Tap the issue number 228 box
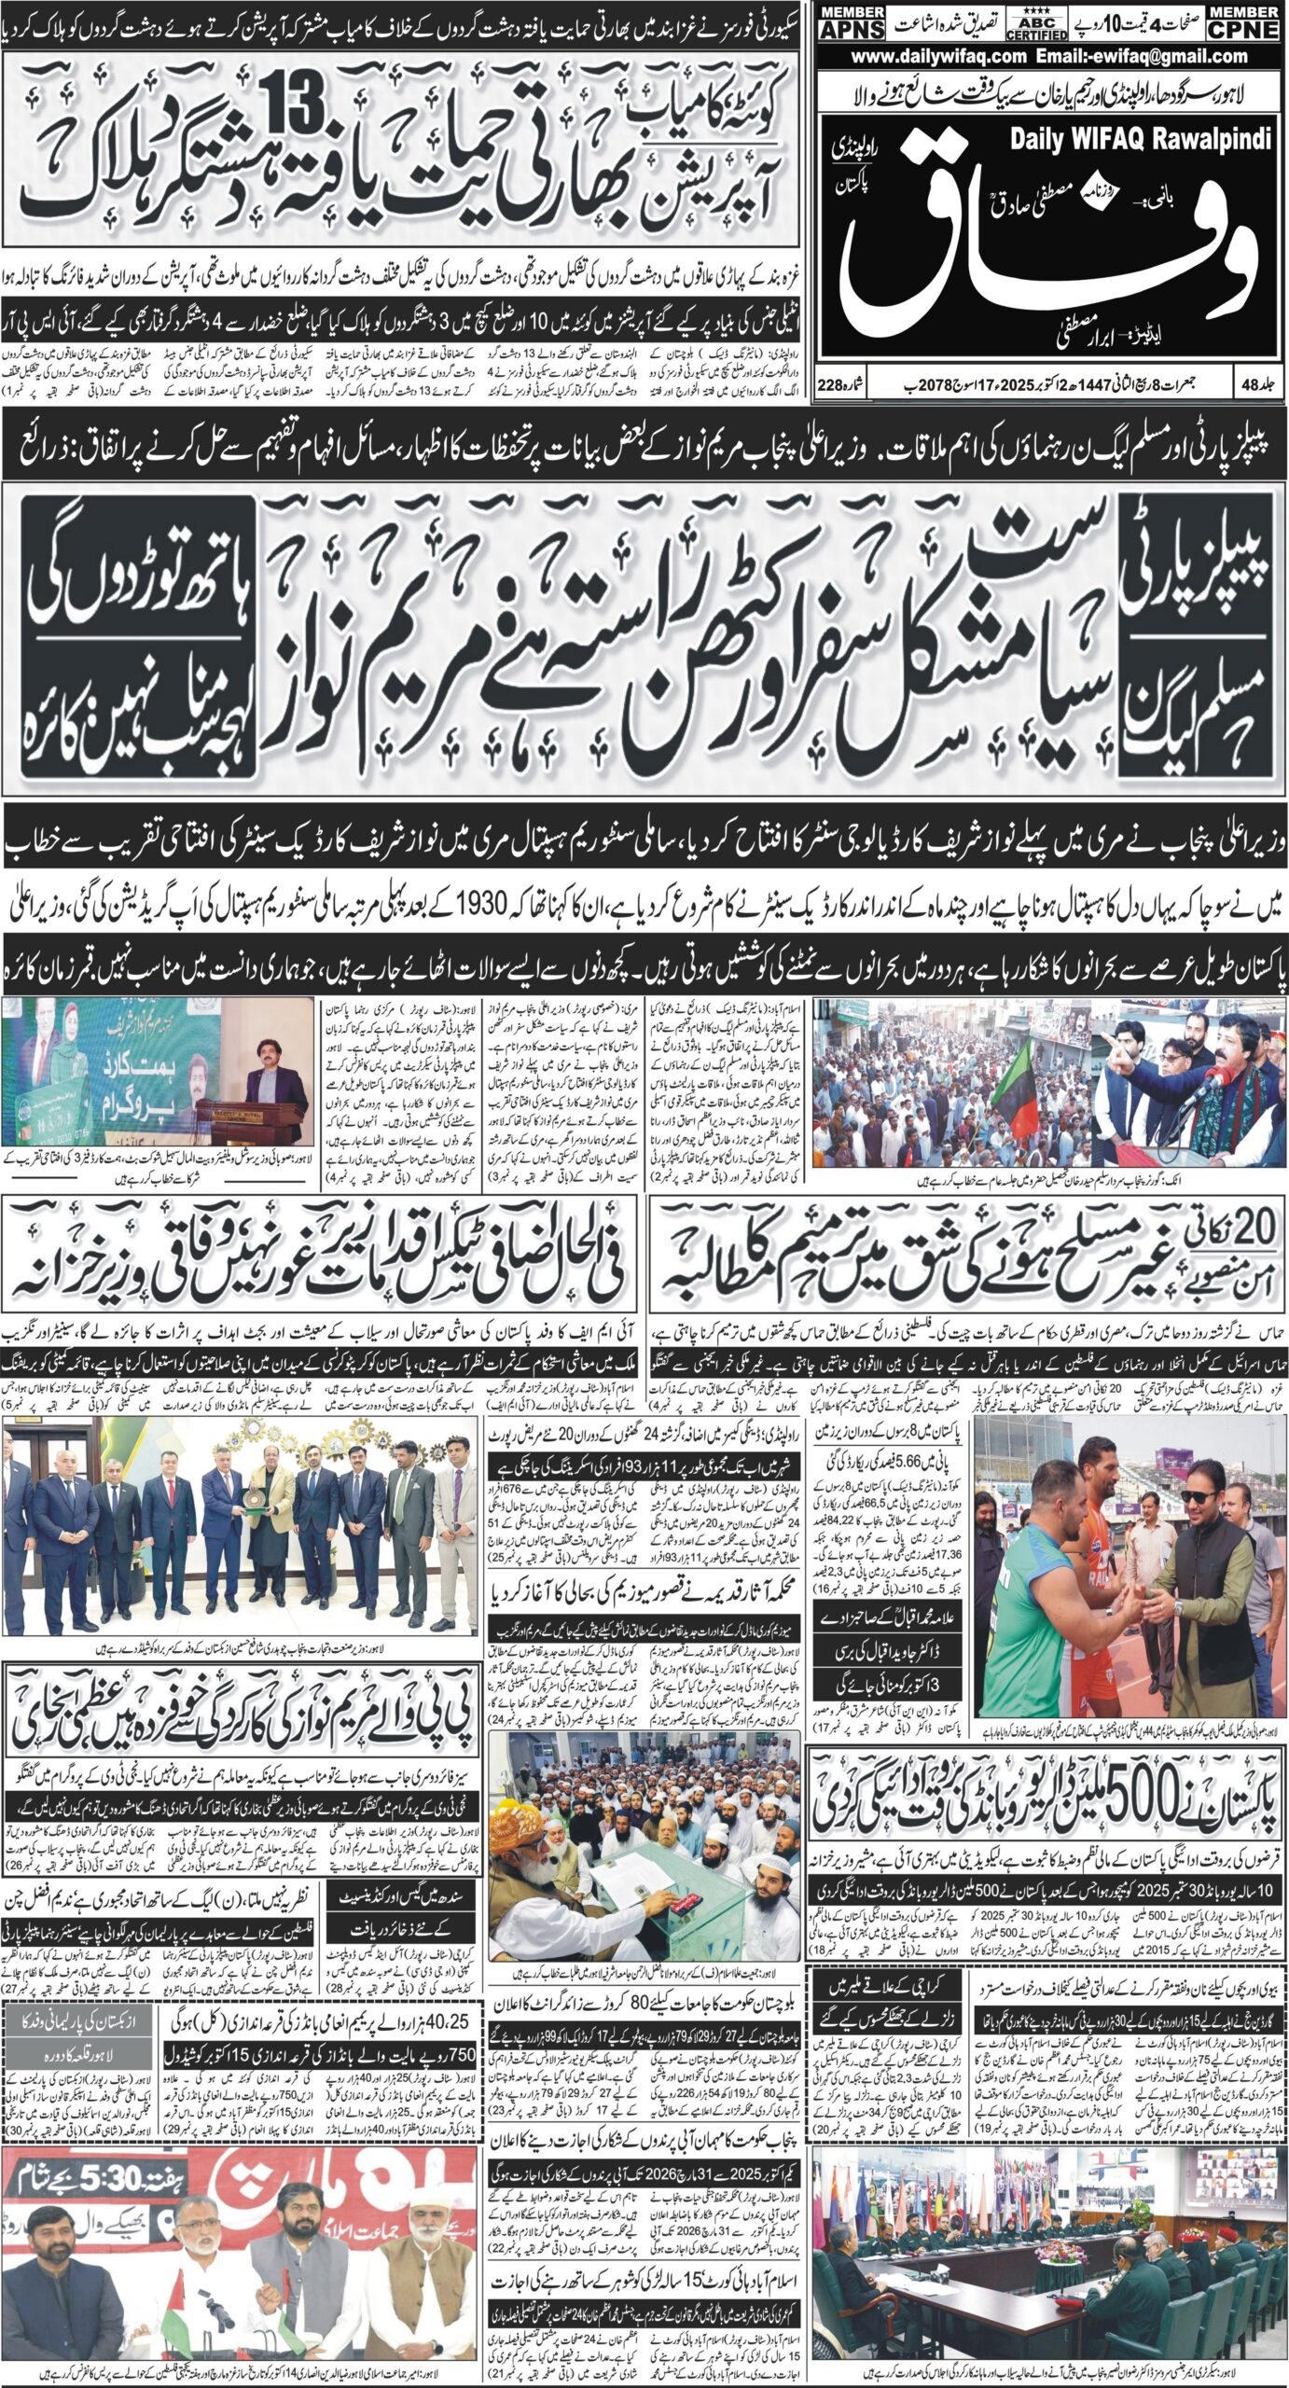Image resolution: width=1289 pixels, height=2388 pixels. [843, 385]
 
